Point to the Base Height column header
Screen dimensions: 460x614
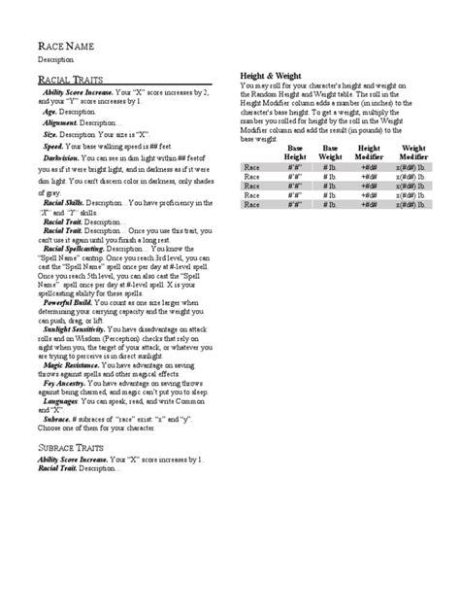295,152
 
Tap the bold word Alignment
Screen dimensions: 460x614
63,121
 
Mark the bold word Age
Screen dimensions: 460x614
50,112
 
